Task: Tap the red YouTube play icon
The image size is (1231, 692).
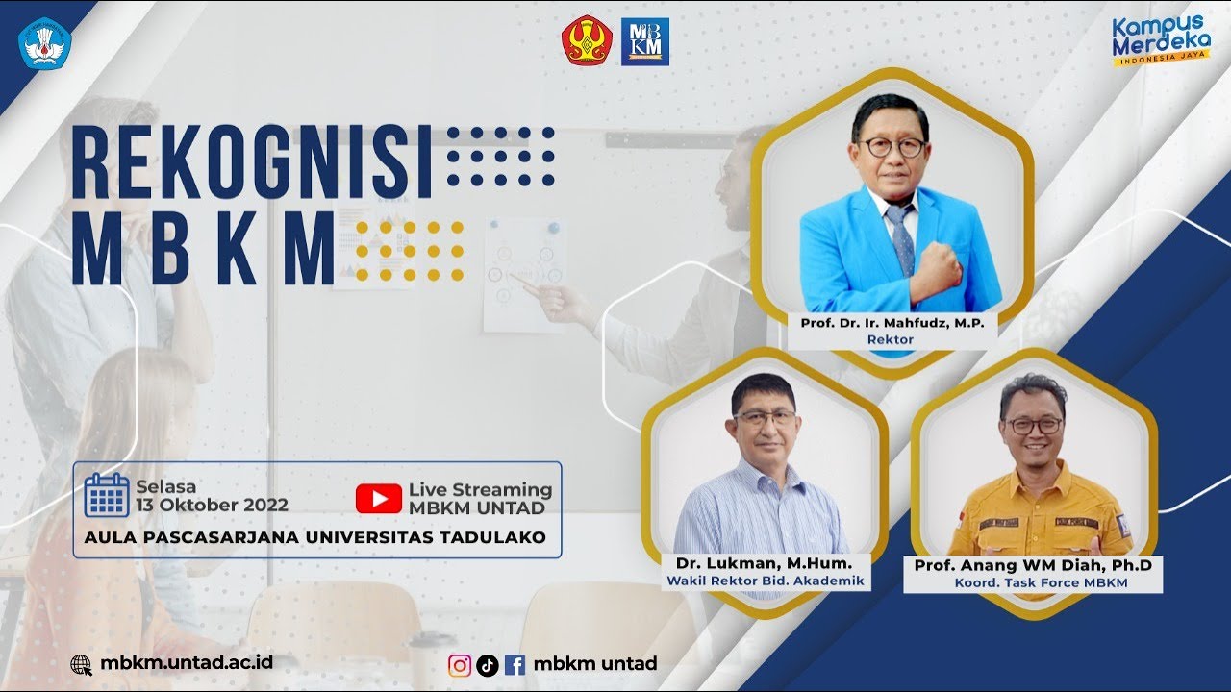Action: (379, 498)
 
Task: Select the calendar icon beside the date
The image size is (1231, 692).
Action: (107, 495)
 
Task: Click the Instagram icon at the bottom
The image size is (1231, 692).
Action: (461, 664)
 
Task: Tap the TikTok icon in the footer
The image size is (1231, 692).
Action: (488, 664)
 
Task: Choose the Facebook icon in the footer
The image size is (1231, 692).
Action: (515, 664)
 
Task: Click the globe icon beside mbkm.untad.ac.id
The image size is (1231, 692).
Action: (82, 663)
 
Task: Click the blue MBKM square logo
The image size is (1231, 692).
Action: (644, 41)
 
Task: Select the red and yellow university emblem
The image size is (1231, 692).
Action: (587, 41)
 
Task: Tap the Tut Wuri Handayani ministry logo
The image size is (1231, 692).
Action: (44, 41)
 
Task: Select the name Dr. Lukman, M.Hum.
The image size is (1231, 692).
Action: (765, 563)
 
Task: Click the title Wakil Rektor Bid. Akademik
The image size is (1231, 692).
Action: (766, 581)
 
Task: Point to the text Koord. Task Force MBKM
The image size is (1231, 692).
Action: (1041, 582)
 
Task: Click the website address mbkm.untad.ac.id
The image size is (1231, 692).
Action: (187, 662)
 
